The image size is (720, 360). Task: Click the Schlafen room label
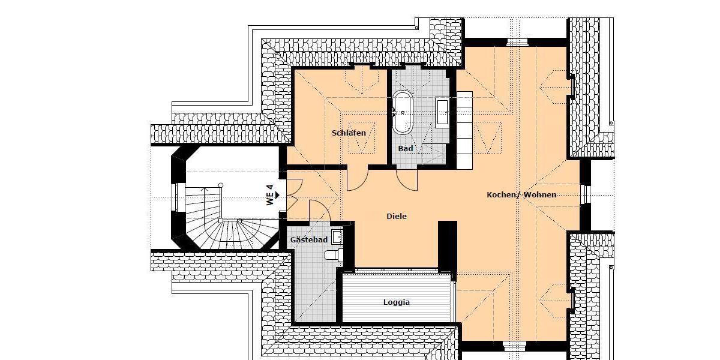click(x=349, y=133)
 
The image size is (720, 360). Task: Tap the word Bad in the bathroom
click(x=406, y=148)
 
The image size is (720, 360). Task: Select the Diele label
click(x=397, y=216)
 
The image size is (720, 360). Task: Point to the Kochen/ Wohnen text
click(x=521, y=194)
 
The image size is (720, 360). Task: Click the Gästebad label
click(x=308, y=240)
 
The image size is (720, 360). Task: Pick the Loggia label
click(x=397, y=302)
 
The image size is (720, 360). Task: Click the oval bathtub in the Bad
click(x=402, y=112)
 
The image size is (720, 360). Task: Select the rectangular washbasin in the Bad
click(x=443, y=112)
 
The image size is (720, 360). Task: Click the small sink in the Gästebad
click(x=337, y=236)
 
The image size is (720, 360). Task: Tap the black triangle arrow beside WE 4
click(x=277, y=195)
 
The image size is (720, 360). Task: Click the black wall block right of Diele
click(x=448, y=246)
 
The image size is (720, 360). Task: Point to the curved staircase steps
click(x=204, y=231)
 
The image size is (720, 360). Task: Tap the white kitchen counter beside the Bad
click(x=464, y=130)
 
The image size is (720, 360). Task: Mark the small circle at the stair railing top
click(x=221, y=185)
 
